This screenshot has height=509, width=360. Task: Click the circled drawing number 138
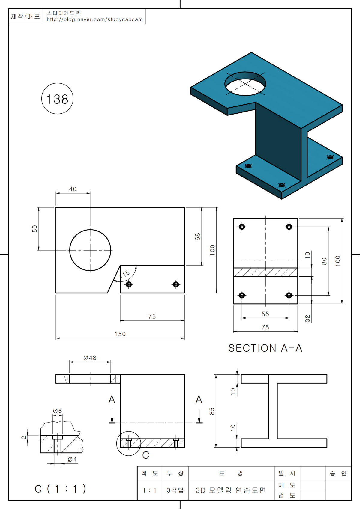57,99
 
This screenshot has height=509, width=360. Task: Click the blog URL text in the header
94,19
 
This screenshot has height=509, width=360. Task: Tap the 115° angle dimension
125,273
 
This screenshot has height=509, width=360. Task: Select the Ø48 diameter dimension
90,358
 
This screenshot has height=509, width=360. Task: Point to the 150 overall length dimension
120,334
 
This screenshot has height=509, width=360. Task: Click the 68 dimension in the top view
197,237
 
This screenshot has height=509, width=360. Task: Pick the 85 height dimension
212,411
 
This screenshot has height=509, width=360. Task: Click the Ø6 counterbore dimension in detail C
57,411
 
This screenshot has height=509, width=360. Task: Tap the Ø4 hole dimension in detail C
72,459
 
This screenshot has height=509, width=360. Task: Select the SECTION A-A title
265,348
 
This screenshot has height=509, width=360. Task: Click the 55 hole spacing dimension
265,314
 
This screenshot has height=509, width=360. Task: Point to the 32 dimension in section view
307,318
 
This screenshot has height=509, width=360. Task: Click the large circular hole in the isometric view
245,84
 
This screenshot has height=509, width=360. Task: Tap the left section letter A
112,400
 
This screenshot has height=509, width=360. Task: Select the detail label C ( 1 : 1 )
60,489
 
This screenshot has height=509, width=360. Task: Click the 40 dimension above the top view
73,189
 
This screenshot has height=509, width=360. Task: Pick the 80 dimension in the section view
324,261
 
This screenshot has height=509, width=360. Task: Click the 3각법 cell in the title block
175,490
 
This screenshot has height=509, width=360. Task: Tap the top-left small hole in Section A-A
242,227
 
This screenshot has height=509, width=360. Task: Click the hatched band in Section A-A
265,272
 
